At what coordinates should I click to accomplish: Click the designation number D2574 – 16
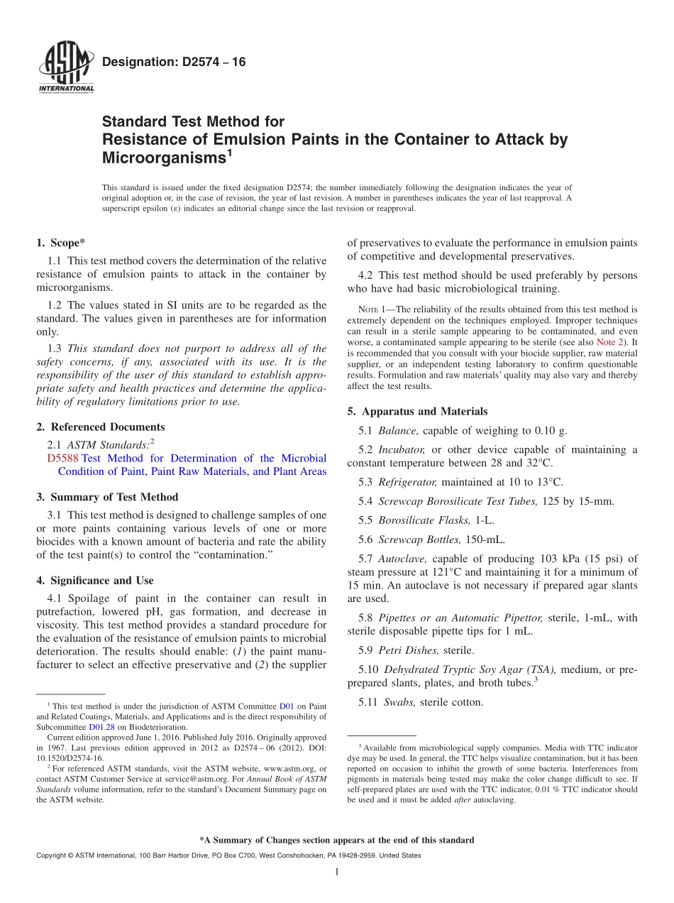click(x=174, y=62)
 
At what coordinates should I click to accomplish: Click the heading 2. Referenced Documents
click(x=100, y=427)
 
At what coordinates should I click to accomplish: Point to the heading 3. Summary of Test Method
click(x=107, y=497)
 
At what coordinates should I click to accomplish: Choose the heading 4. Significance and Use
click(x=94, y=580)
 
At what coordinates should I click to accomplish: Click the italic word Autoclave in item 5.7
click(x=402, y=559)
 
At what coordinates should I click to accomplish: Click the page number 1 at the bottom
click(x=336, y=871)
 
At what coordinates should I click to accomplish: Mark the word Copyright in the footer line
click(x=52, y=855)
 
